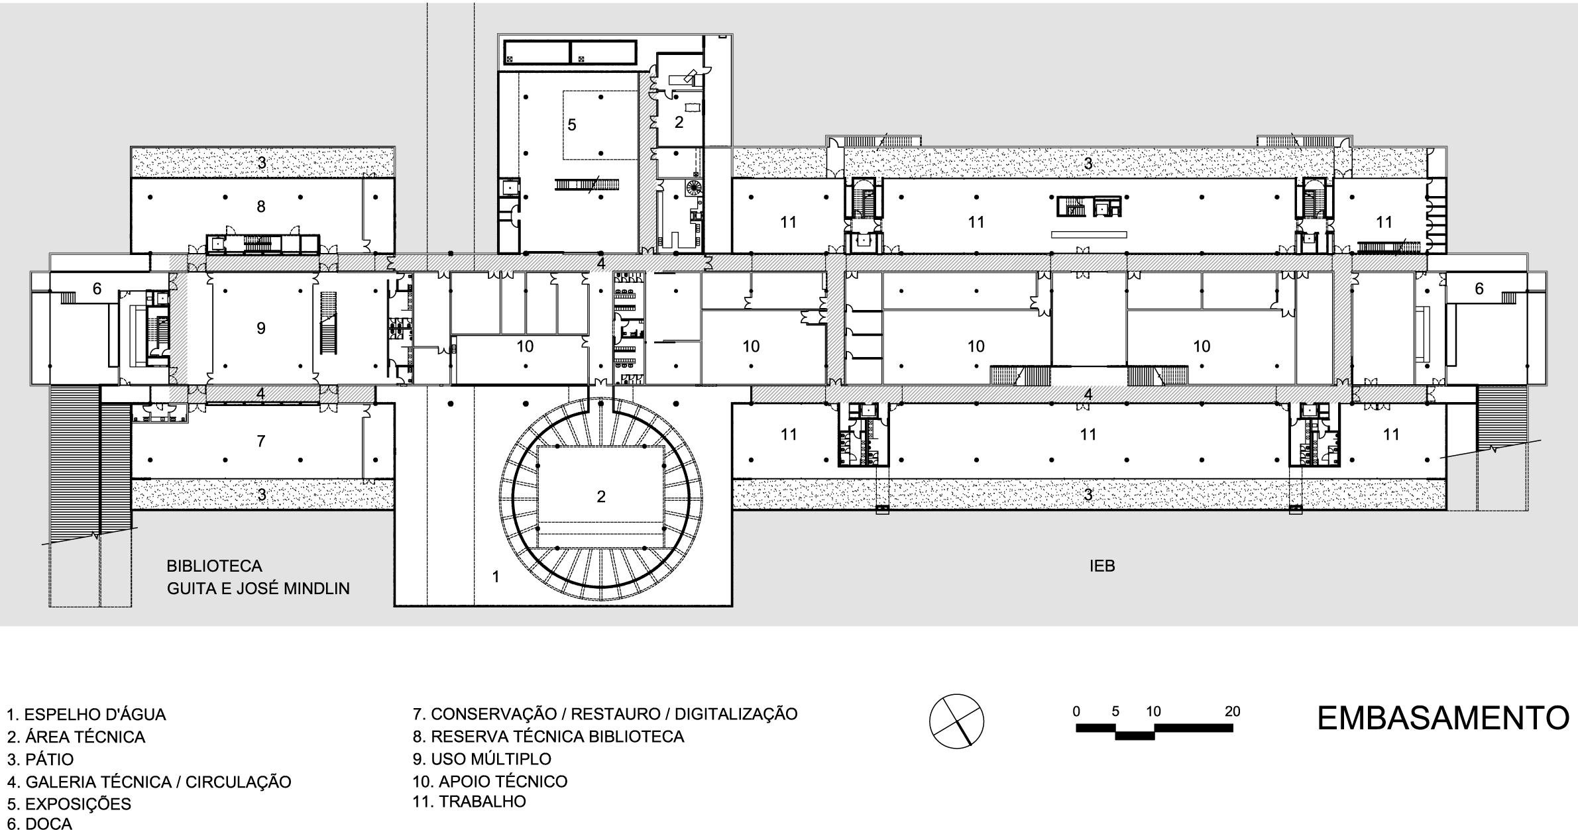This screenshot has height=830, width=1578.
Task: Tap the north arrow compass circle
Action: pyautogui.click(x=956, y=721)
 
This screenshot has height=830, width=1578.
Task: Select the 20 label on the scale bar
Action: pyautogui.click(x=1232, y=711)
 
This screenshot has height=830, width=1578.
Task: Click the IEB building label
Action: pyautogui.click(x=1102, y=566)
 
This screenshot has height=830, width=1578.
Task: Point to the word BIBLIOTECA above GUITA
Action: pyautogui.click(x=214, y=566)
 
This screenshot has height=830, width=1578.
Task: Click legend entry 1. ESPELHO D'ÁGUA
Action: pyautogui.click(x=86, y=715)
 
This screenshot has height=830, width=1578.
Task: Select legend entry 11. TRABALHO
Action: pyautogui.click(x=469, y=802)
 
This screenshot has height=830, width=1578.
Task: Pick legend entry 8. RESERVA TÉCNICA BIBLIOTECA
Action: pyautogui.click(x=548, y=737)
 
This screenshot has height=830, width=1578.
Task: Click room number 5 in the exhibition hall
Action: pyautogui.click(x=572, y=125)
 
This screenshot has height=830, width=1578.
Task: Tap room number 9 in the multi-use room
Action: pyautogui.click(x=261, y=328)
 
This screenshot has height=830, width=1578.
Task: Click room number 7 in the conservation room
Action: pyautogui.click(x=261, y=441)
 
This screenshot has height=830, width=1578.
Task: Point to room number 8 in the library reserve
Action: pyautogui.click(x=261, y=207)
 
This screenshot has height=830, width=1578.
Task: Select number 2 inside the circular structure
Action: pyautogui.click(x=601, y=496)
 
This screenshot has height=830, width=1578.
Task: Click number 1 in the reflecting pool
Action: pyautogui.click(x=496, y=577)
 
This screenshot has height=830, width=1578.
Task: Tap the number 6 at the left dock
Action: pyautogui.click(x=97, y=289)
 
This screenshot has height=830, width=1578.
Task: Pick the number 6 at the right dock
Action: pyautogui.click(x=1479, y=289)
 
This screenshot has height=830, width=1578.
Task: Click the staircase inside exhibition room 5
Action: pyautogui.click(x=587, y=185)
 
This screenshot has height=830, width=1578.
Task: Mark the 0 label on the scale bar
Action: pyautogui.click(x=1076, y=711)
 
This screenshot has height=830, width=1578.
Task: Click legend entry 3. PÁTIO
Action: pyautogui.click(x=40, y=759)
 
